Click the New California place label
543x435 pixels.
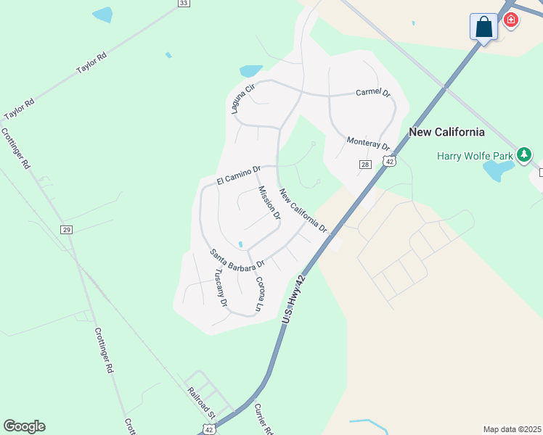click(x=446, y=132)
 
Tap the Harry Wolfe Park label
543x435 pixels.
click(x=475, y=155)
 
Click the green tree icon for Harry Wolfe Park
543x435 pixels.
click(x=524, y=154)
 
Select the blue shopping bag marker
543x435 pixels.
click(x=483, y=28)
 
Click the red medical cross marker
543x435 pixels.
click(x=511, y=20)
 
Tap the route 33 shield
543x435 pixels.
click(x=184, y=4)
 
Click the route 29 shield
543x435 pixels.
click(x=67, y=230)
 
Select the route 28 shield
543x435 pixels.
click(x=365, y=165)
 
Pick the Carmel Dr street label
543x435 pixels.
click(x=373, y=94)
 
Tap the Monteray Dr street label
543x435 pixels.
click(x=368, y=143)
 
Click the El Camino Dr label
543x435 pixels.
click(x=238, y=175)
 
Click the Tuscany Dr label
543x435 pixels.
click(x=221, y=287)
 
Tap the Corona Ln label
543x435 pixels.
click(x=258, y=294)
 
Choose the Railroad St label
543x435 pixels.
click(x=203, y=403)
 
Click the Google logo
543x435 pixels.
click(x=24, y=426)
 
